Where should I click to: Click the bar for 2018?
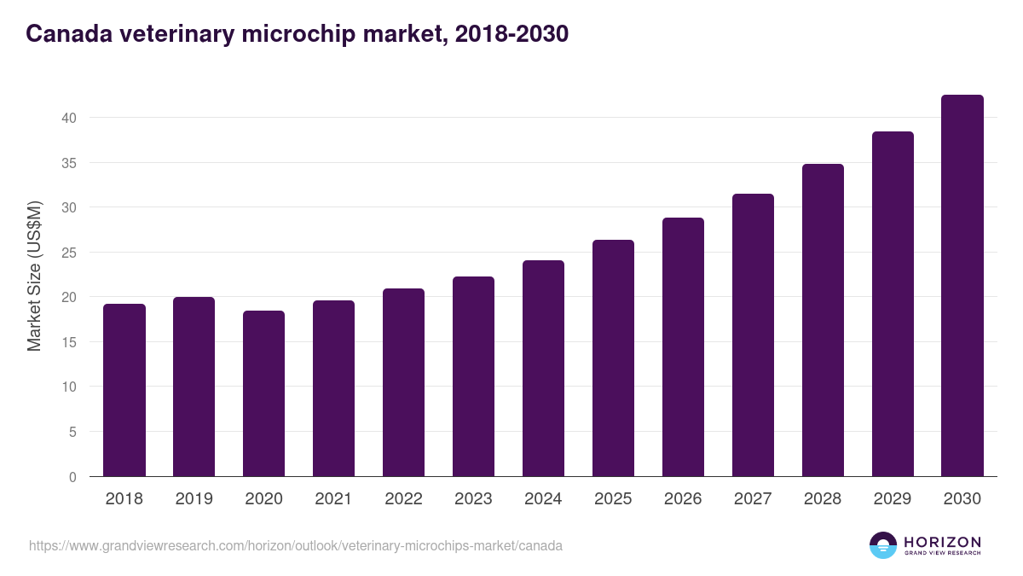click(124, 390)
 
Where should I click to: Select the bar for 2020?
click(264, 393)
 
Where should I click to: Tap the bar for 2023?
click(473, 376)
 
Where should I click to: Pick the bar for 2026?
click(683, 347)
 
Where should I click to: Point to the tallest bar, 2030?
click(962, 286)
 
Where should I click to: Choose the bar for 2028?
click(823, 320)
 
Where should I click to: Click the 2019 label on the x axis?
click(194, 499)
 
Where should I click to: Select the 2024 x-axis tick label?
click(543, 499)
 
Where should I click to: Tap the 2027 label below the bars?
click(753, 499)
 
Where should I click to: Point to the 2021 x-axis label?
click(333, 499)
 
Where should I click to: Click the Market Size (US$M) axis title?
click(34, 276)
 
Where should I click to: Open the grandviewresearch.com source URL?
click(296, 545)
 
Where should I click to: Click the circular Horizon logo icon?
click(883, 545)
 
